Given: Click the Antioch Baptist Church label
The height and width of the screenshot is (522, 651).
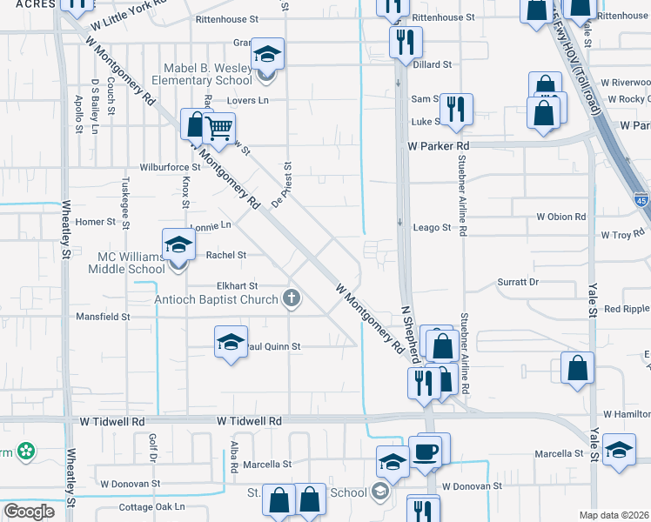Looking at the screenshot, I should pyautogui.click(x=217, y=300).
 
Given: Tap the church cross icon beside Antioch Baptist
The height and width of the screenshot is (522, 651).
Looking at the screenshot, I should pyautogui.click(x=292, y=300).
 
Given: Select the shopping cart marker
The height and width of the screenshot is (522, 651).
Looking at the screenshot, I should pyautogui.click(x=218, y=130).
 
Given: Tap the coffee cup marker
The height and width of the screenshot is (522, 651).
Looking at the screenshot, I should pyautogui.click(x=426, y=453).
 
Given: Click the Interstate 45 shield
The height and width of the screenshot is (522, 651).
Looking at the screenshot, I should pyautogui.click(x=641, y=197).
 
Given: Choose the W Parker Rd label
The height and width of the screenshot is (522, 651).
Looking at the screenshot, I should pyautogui.click(x=438, y=146).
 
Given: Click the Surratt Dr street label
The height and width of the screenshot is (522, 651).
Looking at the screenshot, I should pyautogui.click(x=519, y=282).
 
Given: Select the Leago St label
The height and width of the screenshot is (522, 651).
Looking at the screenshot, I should pyautogui.click(x=432, y=228).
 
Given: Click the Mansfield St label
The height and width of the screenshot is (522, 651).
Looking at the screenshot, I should pyautogui.click(x=103, y=317).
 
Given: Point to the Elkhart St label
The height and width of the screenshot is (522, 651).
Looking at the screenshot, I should pyautogui.click(x=237, y=285).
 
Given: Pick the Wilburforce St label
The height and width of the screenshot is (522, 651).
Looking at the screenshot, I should pyautogui.click(x=171, y=166).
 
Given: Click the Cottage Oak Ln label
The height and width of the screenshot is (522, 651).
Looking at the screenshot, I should pyautogui.click(x=152, y=506).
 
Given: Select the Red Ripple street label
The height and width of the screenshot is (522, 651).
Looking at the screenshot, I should pyautogui.click(x=627, y=309).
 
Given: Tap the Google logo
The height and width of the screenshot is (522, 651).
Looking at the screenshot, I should pyautogui.click(x=28, y=512).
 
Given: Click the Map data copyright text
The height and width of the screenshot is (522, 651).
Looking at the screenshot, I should pyautogui.click(x=614, y=515).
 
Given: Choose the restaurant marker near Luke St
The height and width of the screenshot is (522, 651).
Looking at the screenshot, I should pyautogui.click(x=454, y=109).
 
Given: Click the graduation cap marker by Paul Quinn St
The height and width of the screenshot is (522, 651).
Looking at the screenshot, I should pyautogui.click(x=231, y=342).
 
